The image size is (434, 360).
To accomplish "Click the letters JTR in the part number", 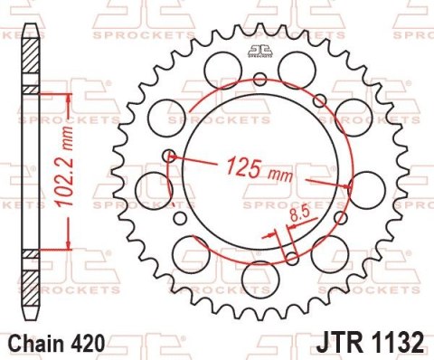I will (x=342, y=344).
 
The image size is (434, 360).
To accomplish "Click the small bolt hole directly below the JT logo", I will (x=259, y=78).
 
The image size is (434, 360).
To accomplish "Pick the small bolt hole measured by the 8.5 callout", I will (x=291, y=257).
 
